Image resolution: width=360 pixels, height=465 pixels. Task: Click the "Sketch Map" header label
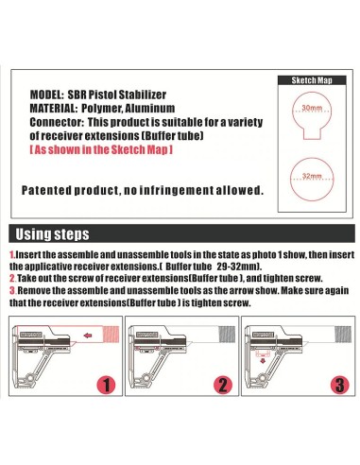312,80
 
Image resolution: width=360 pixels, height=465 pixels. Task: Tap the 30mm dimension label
312,108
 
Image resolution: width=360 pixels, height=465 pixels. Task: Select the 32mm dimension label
312,176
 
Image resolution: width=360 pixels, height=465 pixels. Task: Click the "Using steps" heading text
52,234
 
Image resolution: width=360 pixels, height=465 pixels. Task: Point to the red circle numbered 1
107,385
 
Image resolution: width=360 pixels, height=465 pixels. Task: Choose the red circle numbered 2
223,385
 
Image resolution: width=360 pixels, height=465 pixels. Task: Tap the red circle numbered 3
340,385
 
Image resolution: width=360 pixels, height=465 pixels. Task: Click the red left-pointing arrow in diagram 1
88,336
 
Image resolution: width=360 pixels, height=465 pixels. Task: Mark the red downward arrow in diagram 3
263,360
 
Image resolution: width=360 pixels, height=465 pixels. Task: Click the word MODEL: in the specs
47,95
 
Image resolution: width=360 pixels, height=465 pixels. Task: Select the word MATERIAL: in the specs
54,109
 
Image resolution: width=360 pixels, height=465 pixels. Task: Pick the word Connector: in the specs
57,122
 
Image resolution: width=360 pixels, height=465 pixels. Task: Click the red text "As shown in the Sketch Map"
101,149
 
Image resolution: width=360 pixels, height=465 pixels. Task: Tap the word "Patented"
46,190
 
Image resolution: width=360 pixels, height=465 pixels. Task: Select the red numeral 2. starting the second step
12,279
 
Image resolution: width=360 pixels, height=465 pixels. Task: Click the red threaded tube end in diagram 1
111,335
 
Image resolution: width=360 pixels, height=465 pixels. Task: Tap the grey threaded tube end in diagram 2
227,335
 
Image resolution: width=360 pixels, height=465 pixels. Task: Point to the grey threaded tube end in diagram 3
343,335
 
